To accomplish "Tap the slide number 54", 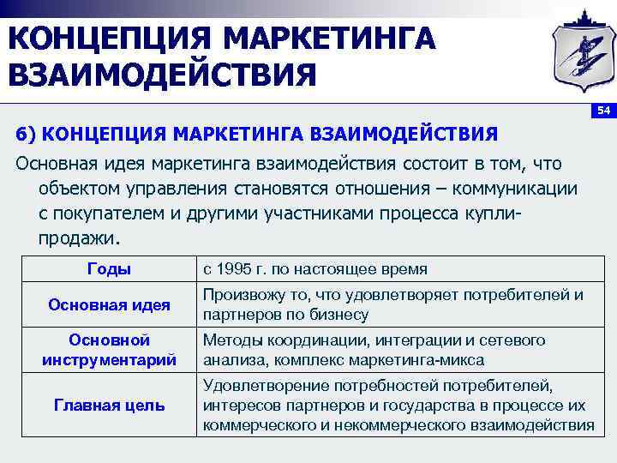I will (602, 111).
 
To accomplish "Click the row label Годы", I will (109, 269).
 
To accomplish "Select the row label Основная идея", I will (109, 304).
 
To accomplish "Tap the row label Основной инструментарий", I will (109, 350).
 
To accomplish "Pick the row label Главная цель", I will (109, 405).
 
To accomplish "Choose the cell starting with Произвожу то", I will (392, 304).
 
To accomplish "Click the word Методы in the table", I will (230, 340).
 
